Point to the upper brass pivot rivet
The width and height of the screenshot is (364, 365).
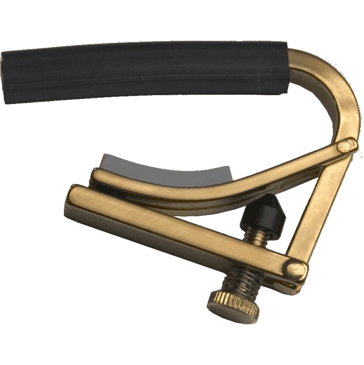point(346,145)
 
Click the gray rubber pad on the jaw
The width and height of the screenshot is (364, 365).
point(164,168)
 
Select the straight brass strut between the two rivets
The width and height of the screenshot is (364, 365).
point(320,207)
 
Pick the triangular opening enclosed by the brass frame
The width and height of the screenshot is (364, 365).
point(285,207)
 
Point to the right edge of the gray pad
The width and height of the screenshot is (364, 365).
point(228,175)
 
